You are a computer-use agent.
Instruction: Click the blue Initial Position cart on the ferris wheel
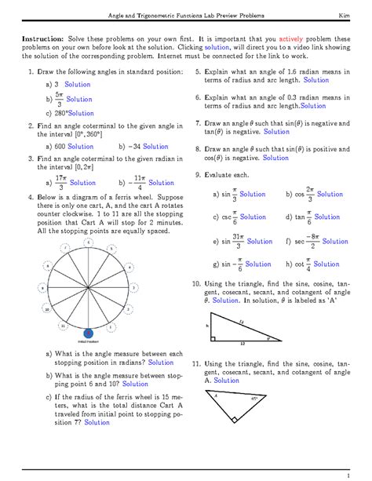pos(89,334)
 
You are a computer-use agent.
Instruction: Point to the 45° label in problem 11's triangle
pos(253,399)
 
